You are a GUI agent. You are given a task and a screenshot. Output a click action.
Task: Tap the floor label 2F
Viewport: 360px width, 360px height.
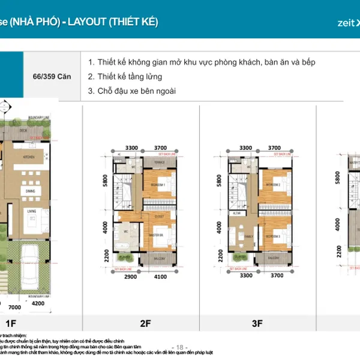(x=145, y=324)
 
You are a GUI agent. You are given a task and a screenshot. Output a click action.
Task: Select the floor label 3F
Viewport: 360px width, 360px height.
(x=257, y=324)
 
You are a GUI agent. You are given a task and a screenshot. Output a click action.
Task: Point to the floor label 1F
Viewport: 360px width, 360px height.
(x=10, y=324)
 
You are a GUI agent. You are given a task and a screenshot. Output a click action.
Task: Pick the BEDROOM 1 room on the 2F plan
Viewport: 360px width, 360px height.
(x=158, y=185)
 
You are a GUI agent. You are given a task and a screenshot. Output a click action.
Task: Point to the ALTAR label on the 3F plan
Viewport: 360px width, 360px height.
(x=237, y=212)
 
